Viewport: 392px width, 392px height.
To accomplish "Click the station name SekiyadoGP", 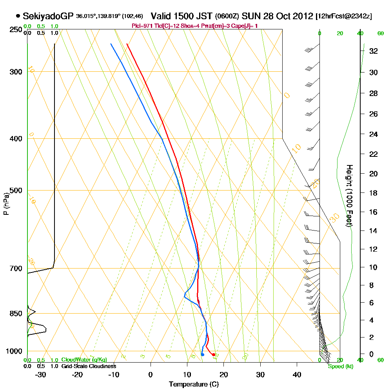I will click(x=48, y=16).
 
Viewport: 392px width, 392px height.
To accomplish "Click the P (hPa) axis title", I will click(x=6, y=203).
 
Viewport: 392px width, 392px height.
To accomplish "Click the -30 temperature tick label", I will click(x=40, y=374).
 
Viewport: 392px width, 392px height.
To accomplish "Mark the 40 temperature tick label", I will click(x=297, y=374).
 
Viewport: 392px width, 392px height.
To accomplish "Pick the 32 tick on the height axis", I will click(x=374, y=51).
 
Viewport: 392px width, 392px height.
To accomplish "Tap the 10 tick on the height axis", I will click(x=374, y=267).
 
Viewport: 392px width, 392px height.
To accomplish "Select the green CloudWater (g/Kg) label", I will click(x=84, y=360).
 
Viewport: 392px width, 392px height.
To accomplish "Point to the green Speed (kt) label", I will click(x=341, y=366).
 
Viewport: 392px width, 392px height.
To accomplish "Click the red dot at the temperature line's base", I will click(x=213, y=354).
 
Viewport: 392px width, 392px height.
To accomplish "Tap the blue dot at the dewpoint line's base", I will click(x=202, y=355).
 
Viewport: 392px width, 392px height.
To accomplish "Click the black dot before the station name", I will click(x=18, y=16).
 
